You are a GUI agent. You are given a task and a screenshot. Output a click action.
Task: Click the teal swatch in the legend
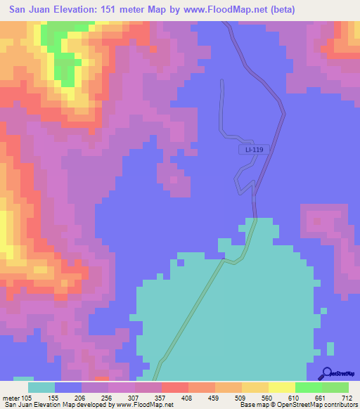pyautogui.click(x=41, y=387)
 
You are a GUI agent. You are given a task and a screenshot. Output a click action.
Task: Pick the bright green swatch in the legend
pyautogui.click(x=308, y=387)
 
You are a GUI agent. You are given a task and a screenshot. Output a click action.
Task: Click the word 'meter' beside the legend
pyautogui.click(x=11, y=397)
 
